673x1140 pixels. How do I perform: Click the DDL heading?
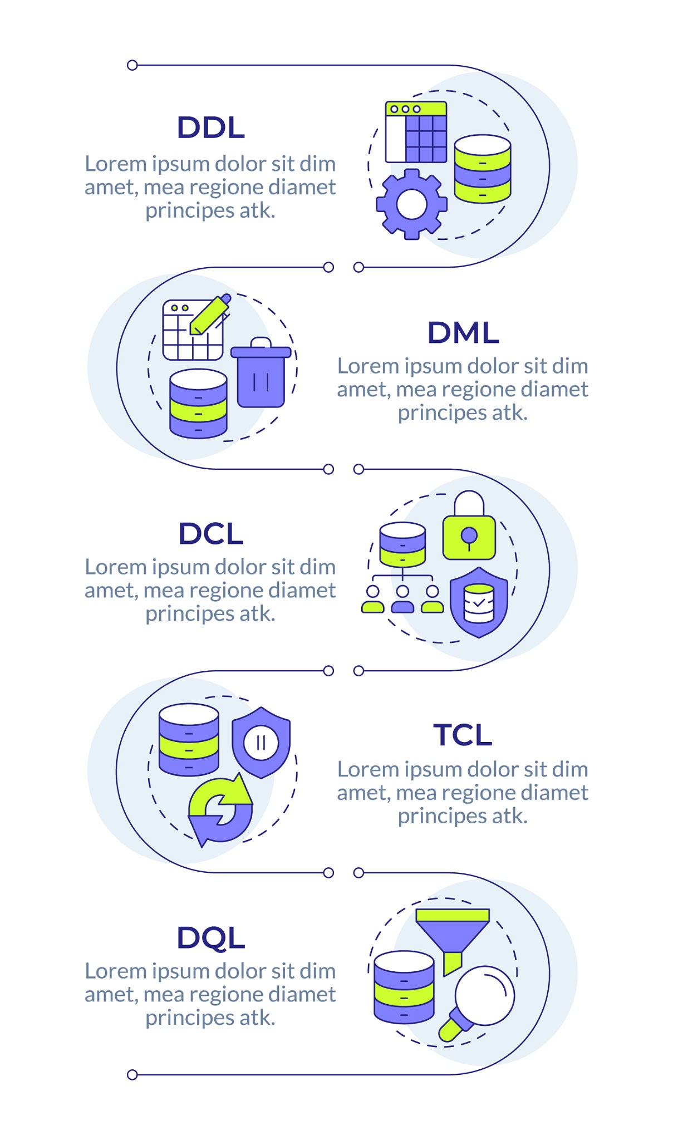click(210, 127)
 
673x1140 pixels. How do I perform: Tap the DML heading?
click(463, 333)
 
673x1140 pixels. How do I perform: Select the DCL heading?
click(210, 534)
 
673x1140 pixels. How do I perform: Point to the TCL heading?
click(463, 735)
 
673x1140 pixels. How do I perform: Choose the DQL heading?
click(210, 938)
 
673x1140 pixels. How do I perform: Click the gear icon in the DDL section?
click(411, 204)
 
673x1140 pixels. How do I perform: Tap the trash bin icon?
click(261, 372)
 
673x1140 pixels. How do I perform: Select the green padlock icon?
click(469, 525)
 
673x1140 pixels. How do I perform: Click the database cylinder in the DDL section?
click(483, 169)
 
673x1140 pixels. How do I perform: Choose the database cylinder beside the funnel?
click(404, 987)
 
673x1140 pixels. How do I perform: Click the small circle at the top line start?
click(132, 65)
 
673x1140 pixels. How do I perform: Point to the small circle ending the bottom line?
click(132, 1075)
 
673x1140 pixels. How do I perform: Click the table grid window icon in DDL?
click(416, 132)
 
